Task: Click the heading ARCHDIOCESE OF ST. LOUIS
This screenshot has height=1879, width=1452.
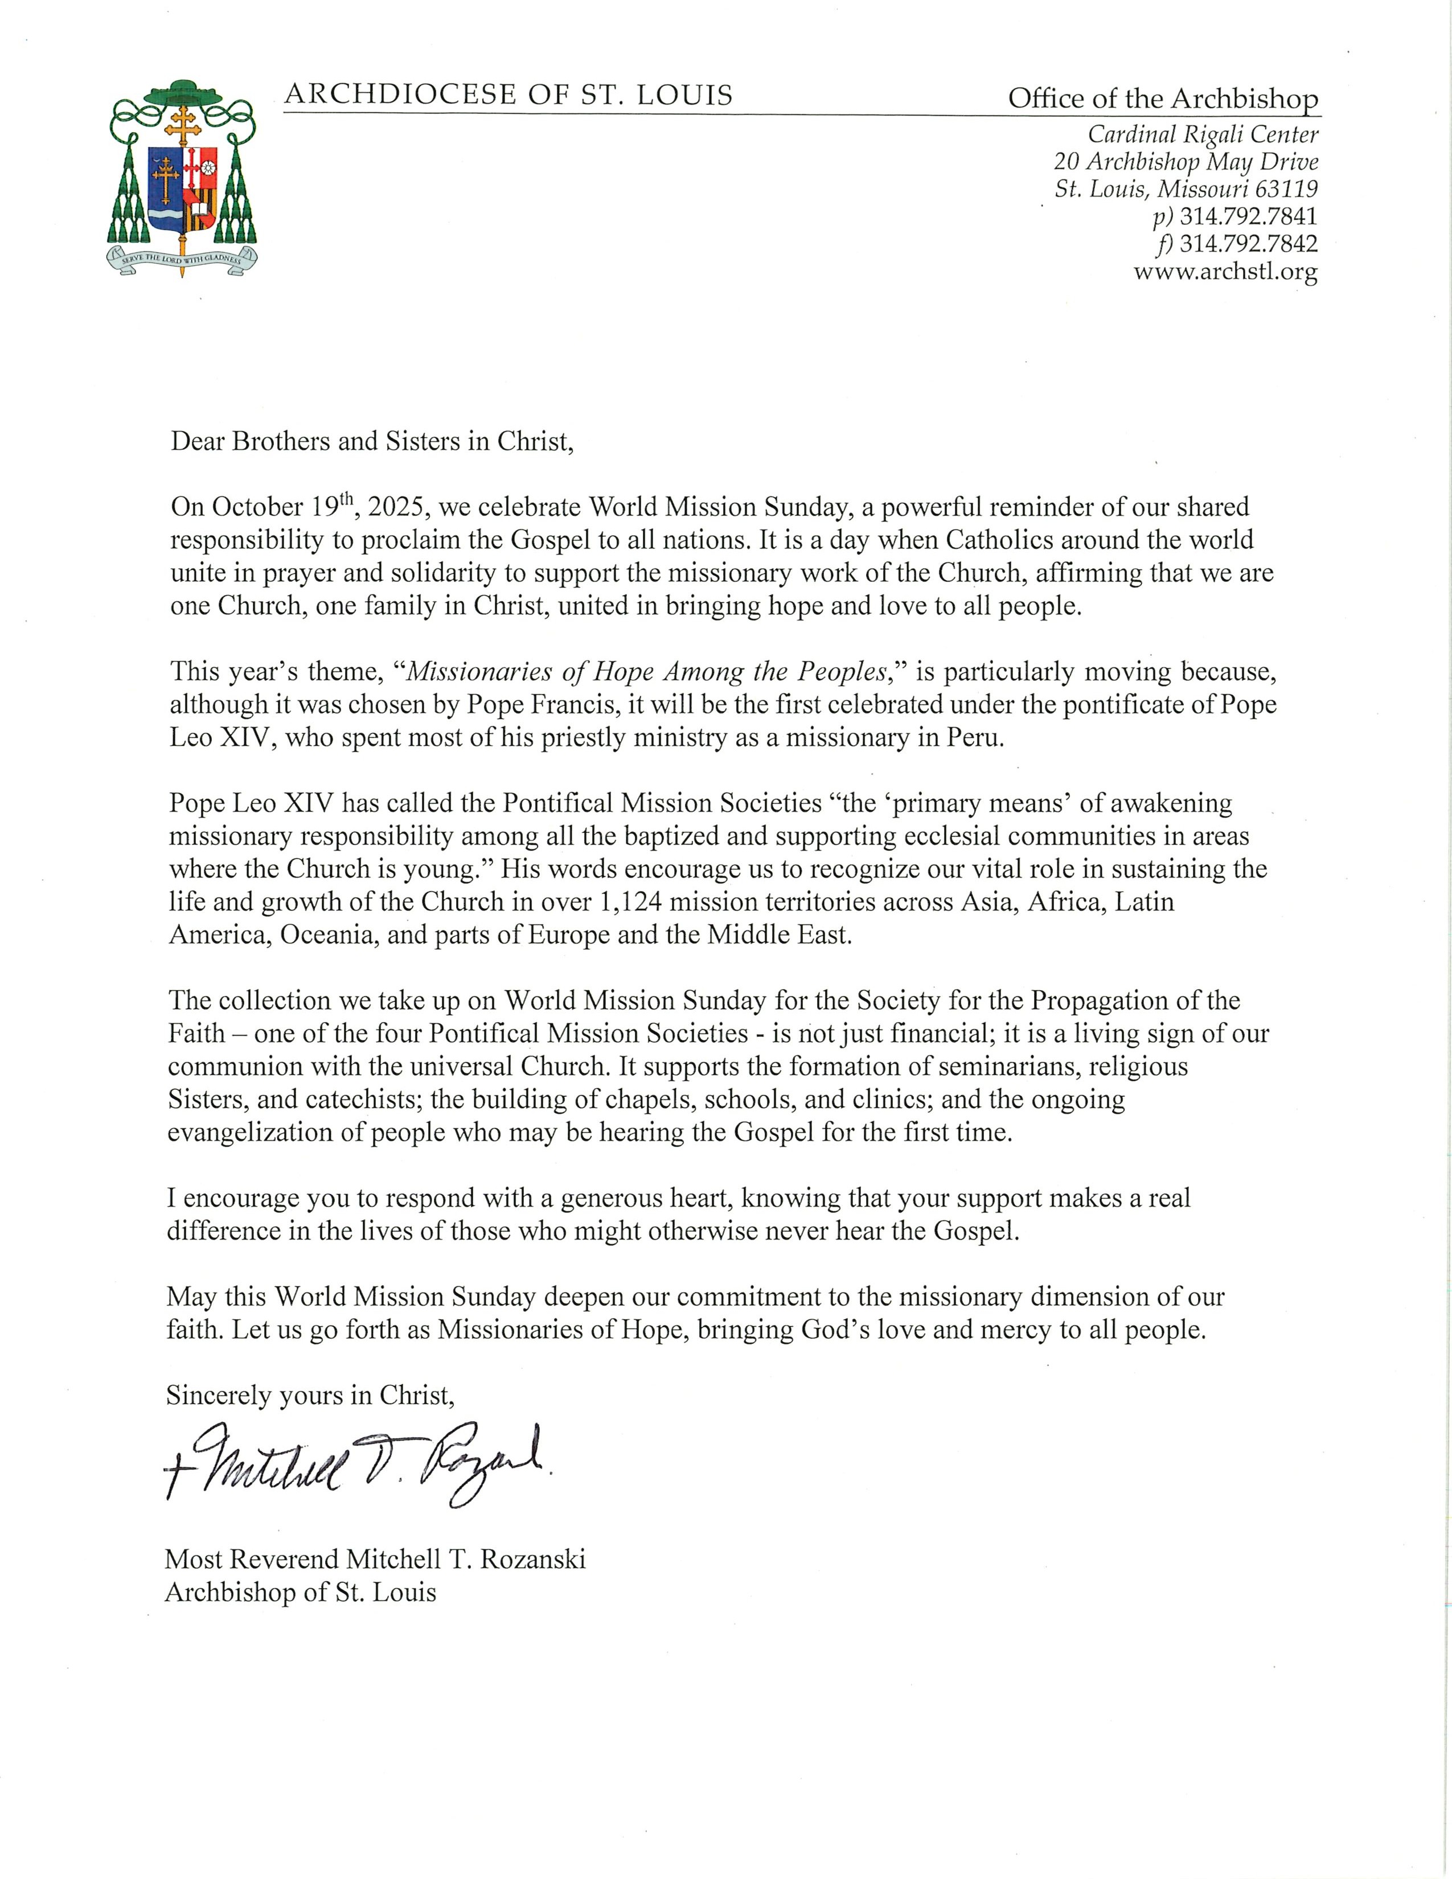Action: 508,95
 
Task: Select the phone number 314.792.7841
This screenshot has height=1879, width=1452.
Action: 1248,216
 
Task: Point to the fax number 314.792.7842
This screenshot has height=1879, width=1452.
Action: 1248,244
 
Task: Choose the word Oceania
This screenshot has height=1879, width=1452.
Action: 329,934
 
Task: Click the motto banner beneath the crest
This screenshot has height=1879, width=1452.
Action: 182,258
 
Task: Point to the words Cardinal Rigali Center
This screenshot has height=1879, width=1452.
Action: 1203,134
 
